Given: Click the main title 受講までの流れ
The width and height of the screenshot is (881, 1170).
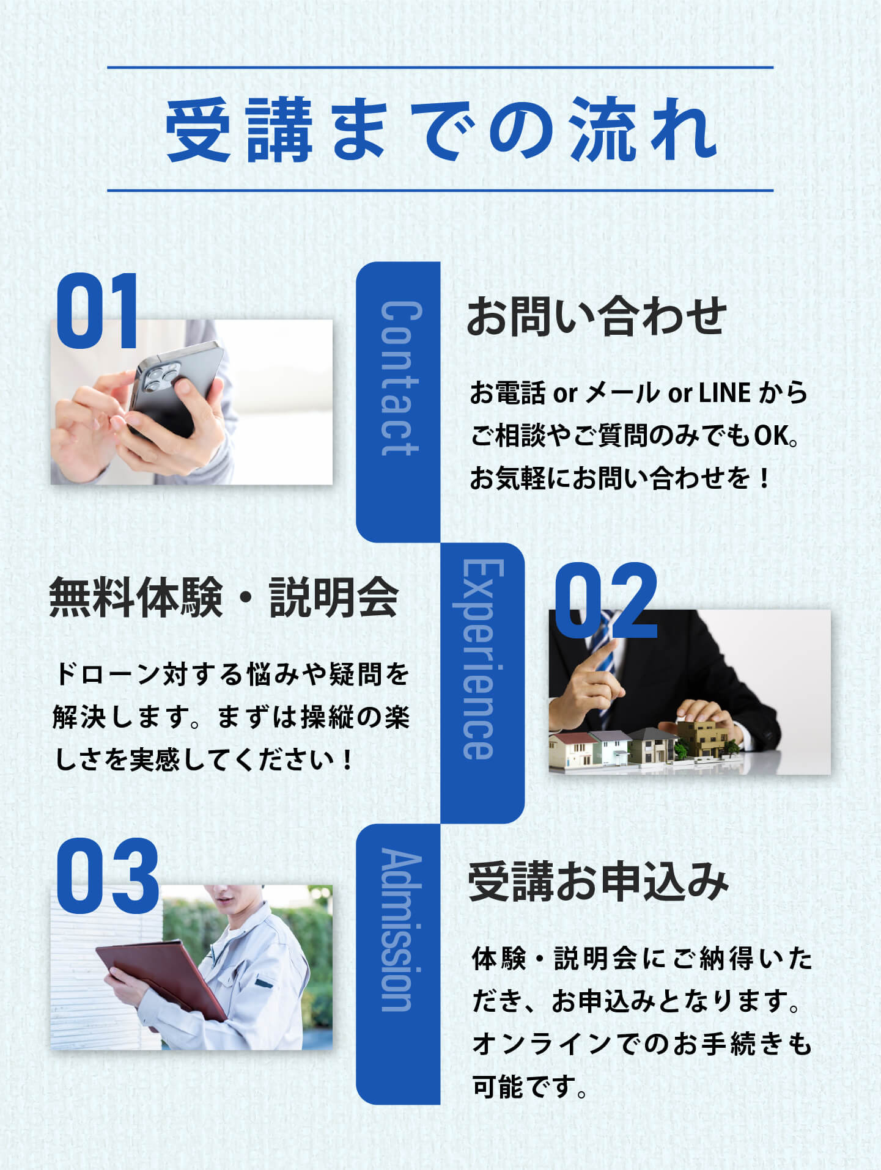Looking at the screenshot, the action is [x=441, y=130].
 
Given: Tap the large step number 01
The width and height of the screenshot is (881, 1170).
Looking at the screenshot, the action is [x=97, y=311].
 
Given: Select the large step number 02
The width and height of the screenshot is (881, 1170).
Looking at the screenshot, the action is [x=605, y=601].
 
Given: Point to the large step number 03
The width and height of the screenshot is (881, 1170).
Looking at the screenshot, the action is [x=108, y=876].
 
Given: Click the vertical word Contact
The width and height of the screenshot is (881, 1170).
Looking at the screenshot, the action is [x=401, y=379].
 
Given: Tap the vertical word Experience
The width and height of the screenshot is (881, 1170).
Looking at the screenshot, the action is [x=484, y=659].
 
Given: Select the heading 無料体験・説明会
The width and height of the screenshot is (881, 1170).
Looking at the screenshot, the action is [x=224, y=597].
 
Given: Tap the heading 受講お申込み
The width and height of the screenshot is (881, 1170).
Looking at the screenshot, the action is [x=599, y=882].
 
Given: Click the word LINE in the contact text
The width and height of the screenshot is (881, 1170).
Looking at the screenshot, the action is [x=724, y=393].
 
